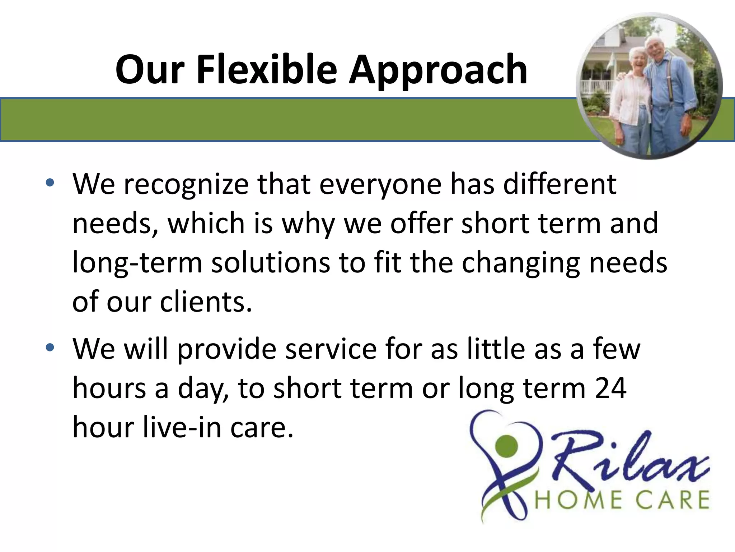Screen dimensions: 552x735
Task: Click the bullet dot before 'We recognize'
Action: [x=50, y=183]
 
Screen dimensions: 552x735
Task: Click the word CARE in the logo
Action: [x=675, y=500]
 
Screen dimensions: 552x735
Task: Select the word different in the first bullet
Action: [x=560, y=184]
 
